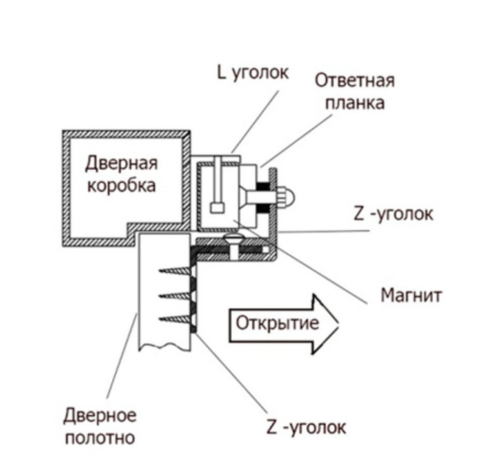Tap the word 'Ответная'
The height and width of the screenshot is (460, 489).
[x=354, y=82]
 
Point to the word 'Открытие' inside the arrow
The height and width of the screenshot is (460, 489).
[x=276, y=323]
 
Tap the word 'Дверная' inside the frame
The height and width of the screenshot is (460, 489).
[x=121, y=163]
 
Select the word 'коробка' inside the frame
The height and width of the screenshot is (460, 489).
[x=121, y=185]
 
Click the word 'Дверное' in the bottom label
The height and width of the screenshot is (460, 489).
[x=101, y=415]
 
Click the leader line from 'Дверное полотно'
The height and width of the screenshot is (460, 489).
[x=123, y=355]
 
